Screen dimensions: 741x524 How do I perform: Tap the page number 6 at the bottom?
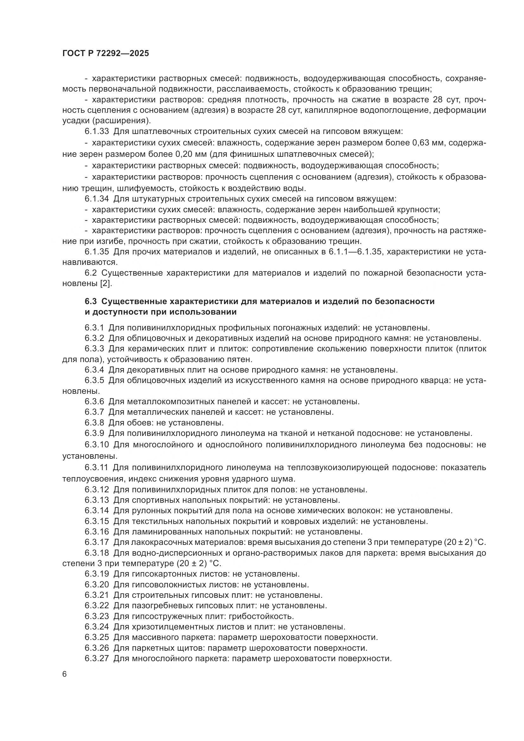click(65, 674)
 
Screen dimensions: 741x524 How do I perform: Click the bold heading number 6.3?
click(91, 301)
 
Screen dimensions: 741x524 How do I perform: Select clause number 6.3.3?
click(94, 349)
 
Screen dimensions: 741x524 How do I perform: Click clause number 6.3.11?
click(97, 468)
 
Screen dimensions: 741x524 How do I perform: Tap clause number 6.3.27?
click(97, 658)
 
